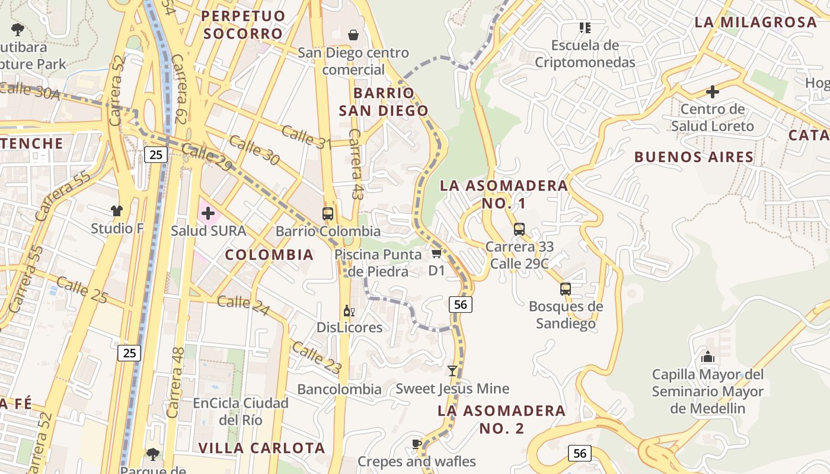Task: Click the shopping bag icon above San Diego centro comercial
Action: pyautogui.click(x=353, y=35)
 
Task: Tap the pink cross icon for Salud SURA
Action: pyautogui.click(x=207, y=213)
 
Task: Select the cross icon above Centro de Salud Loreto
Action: pyautogui.click(x=713, y=92)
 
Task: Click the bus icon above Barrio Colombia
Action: pyautogui.click(x=328, y=213)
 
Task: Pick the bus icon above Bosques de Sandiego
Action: pyautogui.click(x=566, y=289)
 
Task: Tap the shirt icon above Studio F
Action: pyautogui.click(x=117, y=210)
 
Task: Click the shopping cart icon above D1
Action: pyautogui.click(x=436, y=254)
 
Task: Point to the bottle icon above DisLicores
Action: pyautogui.click(x=349, y=310)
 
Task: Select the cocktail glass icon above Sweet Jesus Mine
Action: pyautogui.click(x=452, y=371)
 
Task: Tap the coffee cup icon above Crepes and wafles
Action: pyautogui.click(x=416, y=444)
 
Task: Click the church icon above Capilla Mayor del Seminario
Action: pyautogui.click(x=707, y=357)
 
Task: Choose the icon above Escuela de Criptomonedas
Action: pyautogui.click(x=585, y=28)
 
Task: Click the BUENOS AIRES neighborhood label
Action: pyautogui.click(x=694, y=157)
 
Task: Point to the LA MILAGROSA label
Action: pyautogui.click(x=755, y=23)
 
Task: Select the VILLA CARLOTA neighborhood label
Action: pyautogui.click(x=261, y=448)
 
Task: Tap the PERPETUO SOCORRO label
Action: pyautogui.click(x=244, y=24)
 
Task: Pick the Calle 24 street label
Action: pyautogui.click(x=243, y=305)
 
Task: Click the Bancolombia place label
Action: pyautogui.click(x=339, y=389)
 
